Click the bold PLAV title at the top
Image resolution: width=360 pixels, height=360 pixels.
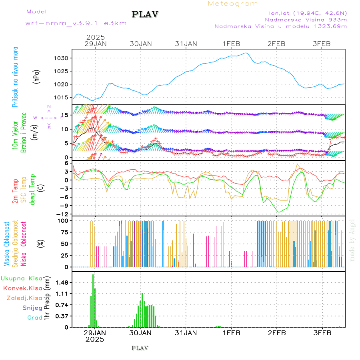[x=145, y=14]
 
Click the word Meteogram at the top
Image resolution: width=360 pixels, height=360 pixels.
[x=233, y=4]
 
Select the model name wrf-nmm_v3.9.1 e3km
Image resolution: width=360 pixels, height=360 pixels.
[x=76, y=23]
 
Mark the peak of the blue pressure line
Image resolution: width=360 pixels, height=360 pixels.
[x=246, y=53]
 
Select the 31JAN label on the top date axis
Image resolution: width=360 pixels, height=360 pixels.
[x=186, y=44]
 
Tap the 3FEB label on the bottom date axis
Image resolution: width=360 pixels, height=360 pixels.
[x=322, y=333]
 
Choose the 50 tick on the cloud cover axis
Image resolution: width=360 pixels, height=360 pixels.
[x=65, y=244]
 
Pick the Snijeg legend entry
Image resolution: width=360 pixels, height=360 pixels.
[x=33, y=308]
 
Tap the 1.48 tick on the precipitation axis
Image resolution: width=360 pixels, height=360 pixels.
[x=62, y=282]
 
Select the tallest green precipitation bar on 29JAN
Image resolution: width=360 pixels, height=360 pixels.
[x=93, y=300]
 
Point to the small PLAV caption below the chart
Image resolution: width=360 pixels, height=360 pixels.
[x=140, y=348]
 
